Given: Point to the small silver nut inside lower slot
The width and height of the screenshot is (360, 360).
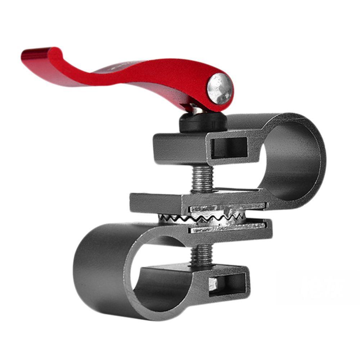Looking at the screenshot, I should point(213,284).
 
